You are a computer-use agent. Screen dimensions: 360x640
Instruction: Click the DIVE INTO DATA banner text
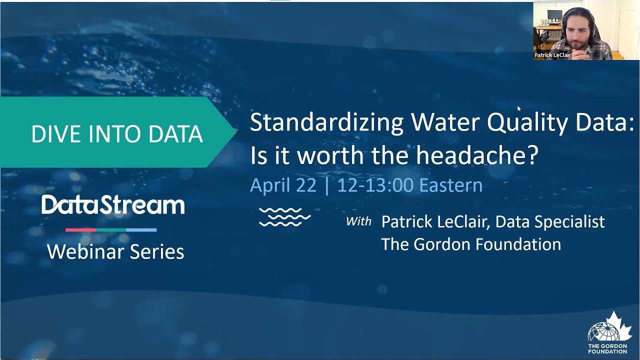coord(116,134)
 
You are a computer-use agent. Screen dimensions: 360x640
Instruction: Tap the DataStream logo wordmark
coord(113,205)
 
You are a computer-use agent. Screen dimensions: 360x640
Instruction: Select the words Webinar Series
coord(115,251)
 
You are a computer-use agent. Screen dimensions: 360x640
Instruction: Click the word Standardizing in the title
coord(326,122)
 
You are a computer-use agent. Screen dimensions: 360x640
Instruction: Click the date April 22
coord(283,185)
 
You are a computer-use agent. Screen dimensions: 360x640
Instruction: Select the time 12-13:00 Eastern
coord(409,185)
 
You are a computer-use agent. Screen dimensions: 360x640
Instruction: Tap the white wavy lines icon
coord(284,217)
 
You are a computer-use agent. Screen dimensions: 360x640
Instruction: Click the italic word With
coord(358,221)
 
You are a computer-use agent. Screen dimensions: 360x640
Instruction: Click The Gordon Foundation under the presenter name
coord(470,244)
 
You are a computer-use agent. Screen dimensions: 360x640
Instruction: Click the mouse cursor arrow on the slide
coord(519,108)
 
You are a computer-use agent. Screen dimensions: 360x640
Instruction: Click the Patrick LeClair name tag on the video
coord(552,55)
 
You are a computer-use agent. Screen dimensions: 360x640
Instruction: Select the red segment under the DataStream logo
coord(80,230)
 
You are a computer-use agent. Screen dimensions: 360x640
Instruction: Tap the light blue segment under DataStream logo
coord(141,230)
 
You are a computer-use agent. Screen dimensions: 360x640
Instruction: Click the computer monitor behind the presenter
coord(554,17)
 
